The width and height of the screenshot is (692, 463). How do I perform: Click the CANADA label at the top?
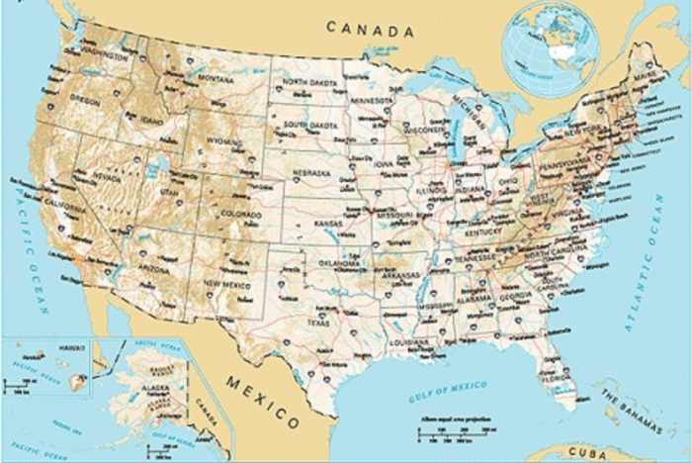click(x=371, y=30)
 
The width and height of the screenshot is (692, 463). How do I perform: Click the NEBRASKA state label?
click(x=311, y=173)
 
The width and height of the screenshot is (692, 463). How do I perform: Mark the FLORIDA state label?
click(x=556, y=376)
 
